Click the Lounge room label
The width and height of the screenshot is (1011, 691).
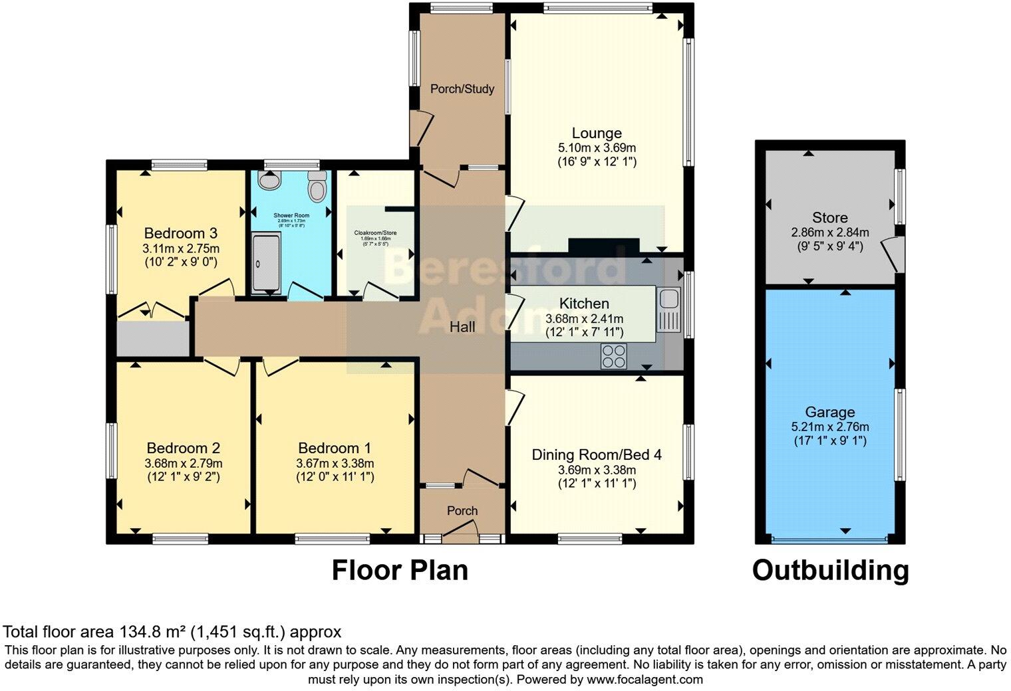coord(597,133)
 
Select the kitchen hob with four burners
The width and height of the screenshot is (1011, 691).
coord(613,357)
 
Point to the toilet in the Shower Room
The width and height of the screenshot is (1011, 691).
coord(318,187)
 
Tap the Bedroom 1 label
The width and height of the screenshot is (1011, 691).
coord(335,448)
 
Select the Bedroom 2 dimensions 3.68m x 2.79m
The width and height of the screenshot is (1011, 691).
coord(184,463)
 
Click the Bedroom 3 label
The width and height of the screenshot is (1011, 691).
coord(181,233)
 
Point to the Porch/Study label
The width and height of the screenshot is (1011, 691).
coord(462,88)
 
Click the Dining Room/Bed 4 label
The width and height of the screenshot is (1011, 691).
coord(597,455)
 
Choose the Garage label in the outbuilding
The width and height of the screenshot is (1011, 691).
coord(829,412)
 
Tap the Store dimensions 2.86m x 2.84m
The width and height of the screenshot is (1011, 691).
coord(829,233)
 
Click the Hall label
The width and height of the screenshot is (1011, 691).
coord(462,327)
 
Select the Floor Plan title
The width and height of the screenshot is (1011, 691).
coord(400,570)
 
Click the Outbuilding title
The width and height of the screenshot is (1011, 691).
coord(830,570)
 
